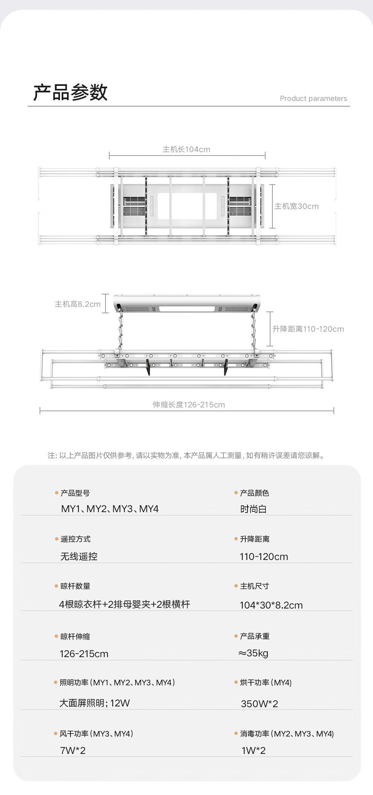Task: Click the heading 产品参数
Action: (70, 92)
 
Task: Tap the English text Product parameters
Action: (313, 99)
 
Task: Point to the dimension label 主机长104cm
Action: (186, 150)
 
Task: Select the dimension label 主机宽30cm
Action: (296, 206)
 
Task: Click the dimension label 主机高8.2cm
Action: (78, 304)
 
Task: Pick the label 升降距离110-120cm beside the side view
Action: (308, 329)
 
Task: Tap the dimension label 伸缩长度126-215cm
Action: (188, 405)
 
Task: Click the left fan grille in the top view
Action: (134, 206)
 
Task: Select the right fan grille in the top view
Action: (240, 206)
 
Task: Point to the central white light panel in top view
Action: (187, 206)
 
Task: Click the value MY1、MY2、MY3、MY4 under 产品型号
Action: (110, 509)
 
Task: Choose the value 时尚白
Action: (253, 510)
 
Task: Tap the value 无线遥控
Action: (79, 557)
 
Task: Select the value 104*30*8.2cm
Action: (271, 605)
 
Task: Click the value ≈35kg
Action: (253, 653)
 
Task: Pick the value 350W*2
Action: (259, 704)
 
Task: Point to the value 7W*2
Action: (73, 751)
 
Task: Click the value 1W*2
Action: (253, 751)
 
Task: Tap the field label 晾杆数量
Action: (75, 586)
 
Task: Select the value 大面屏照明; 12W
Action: (94, 703)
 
